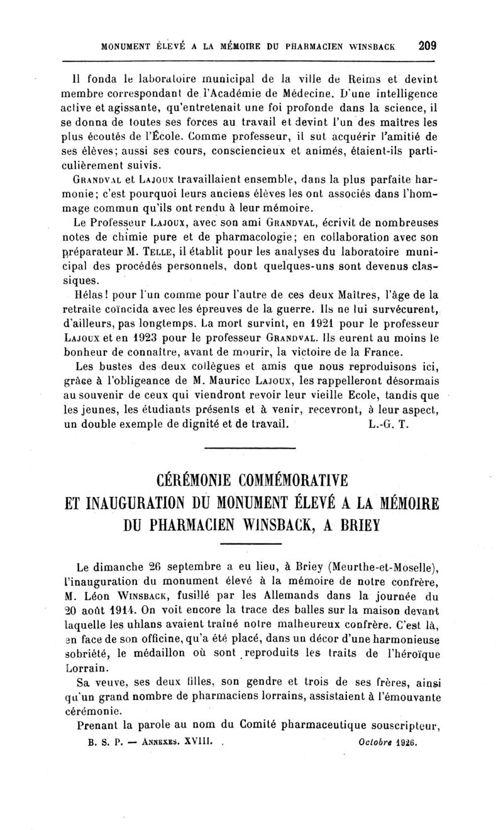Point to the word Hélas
pyautogui.click(x=91, y=294)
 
